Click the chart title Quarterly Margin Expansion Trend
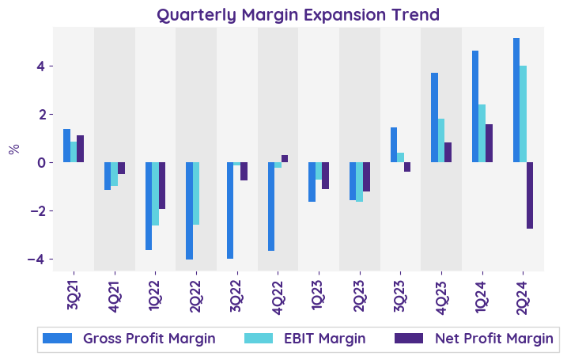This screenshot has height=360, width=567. (x=297, y=14)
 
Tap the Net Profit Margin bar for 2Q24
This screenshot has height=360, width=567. (x=530, y=195)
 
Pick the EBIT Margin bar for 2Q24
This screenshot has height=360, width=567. (x=523, y=114)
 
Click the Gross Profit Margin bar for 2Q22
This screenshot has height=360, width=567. (x=189, y=210)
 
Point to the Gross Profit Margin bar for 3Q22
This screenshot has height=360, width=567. (x=230, y=210)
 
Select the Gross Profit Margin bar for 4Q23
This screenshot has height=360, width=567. (x=434, y=118)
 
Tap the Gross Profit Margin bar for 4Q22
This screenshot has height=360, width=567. (x=271, y=207)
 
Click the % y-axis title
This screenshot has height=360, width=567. (x=14, y=149)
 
